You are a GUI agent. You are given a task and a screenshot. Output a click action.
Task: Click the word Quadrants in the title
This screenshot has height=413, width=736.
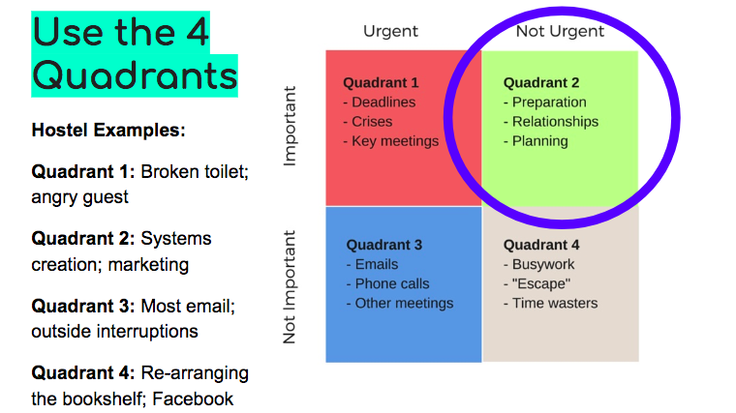click(x=136, y=76)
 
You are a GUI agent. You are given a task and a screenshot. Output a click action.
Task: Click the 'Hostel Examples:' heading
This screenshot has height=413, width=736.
click(x=108, y=130)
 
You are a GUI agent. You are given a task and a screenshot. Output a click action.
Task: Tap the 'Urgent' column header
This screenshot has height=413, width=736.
click(x=390, y=31)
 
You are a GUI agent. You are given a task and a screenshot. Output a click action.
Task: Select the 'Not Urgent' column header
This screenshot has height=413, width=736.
click(x=560, y=31)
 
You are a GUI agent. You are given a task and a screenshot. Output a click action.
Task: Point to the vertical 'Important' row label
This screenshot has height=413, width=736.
click(x=291, y=126)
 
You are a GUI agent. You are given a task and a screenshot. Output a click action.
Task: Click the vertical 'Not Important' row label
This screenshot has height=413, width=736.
click(x=290, y=287)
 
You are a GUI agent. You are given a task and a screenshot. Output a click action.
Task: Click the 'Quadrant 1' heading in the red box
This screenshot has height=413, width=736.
click(x=381, y=82)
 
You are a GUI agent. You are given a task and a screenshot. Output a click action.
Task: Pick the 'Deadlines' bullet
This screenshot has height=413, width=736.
click(x=380, y=103)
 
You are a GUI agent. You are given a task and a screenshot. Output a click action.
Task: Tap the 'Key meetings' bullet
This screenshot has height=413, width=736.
click(x=391, y=141)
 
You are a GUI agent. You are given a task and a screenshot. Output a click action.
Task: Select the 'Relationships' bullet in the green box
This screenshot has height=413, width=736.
click(x=551, y=122)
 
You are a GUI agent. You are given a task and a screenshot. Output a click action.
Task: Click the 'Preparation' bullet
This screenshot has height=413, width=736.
click(x=545, y=103)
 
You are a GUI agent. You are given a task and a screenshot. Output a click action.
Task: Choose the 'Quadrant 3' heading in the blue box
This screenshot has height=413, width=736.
click(x=384, y=245)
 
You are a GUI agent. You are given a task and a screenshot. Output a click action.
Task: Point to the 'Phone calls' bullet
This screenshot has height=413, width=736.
click(x=387, y=283)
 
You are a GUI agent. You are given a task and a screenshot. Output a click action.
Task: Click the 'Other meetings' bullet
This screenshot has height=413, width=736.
click(x=400, y=304)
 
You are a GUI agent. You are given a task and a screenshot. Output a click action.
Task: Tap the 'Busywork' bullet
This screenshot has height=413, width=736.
click(x=538, y=264)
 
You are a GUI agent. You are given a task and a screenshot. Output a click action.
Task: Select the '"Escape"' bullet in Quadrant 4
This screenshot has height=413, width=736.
click(x=537, y=283)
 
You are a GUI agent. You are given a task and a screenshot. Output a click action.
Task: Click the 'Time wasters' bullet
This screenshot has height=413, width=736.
click(x=551, y=304)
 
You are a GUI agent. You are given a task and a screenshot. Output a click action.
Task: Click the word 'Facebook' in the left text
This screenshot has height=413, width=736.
click(x=193, y=398)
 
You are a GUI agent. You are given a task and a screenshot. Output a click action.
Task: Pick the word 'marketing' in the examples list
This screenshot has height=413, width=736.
click(x=148, y=265)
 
